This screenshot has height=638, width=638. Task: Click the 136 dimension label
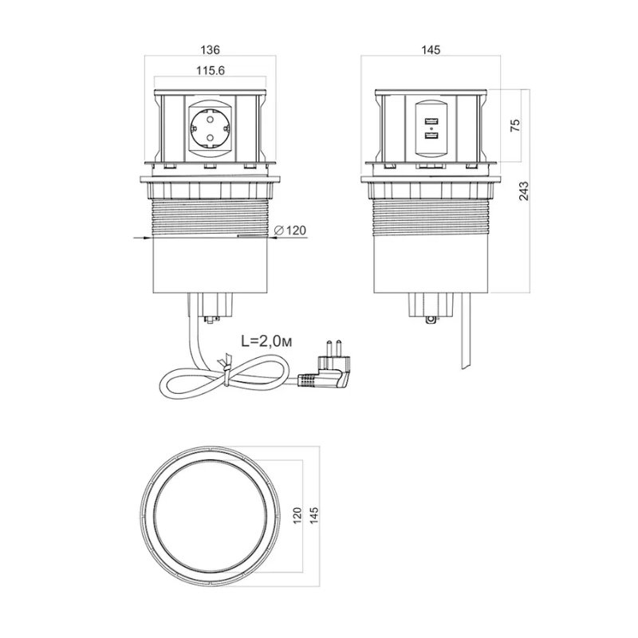(x=210, y=49)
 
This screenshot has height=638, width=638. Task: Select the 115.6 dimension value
(x=211, y=70)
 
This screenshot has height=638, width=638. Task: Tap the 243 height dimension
(x=525, y=191)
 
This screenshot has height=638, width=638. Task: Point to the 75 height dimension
(x=515, y=125)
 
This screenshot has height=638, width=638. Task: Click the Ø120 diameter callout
(x=290, y=230)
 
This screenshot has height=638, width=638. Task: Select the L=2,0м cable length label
(x=266, y=341)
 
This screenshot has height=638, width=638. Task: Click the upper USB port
(x=431, y=121)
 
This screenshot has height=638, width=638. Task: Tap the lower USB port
(x=431, y=136)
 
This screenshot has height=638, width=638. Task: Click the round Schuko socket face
(x=210, y=128)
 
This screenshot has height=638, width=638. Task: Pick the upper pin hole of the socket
(x=210, y=119)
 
